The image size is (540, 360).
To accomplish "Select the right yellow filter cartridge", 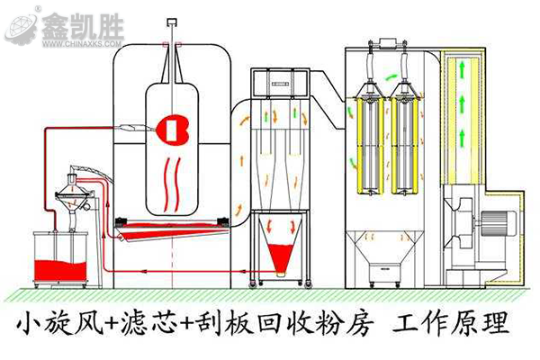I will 405,140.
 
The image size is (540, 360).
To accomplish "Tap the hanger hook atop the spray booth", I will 169,43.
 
